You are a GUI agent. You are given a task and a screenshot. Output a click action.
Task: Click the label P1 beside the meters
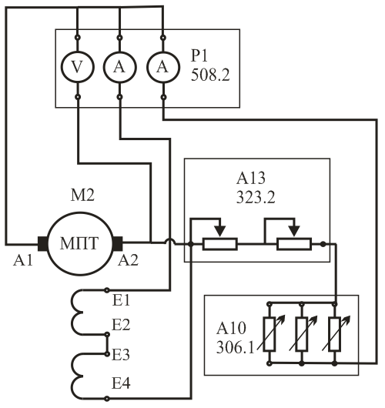tap(199, 55)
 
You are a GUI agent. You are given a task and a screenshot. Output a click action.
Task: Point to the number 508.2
tap(210, 75)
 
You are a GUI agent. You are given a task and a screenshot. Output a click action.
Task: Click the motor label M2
tap(82, 196)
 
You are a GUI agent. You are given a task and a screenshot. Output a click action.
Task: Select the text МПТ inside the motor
tap(79, 243)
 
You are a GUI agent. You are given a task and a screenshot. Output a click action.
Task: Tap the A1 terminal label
tap(23, 260)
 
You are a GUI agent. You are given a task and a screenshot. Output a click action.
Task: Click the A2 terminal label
tap(128, 260)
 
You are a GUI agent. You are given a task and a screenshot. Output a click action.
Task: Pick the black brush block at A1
tap(42, 243)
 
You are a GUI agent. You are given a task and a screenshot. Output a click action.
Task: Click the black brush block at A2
tap(117, 243)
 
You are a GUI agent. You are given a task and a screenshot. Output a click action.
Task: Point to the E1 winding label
tap(121, 300)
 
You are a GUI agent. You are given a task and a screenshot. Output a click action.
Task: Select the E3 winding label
tap(121, 355)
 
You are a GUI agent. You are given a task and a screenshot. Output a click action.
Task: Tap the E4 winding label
tap(121, 383)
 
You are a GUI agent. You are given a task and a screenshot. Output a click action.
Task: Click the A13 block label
tap(251, 179)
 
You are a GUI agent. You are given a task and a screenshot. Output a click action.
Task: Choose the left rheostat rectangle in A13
tap(220, 244)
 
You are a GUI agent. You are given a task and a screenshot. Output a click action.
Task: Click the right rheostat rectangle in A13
tap(294, 244)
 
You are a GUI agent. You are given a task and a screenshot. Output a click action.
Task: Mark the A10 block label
tap(231, 328)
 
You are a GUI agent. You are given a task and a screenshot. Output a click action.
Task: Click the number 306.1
tap(235, 347)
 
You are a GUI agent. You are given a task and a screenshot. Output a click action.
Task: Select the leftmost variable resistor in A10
tap(269, 334)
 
